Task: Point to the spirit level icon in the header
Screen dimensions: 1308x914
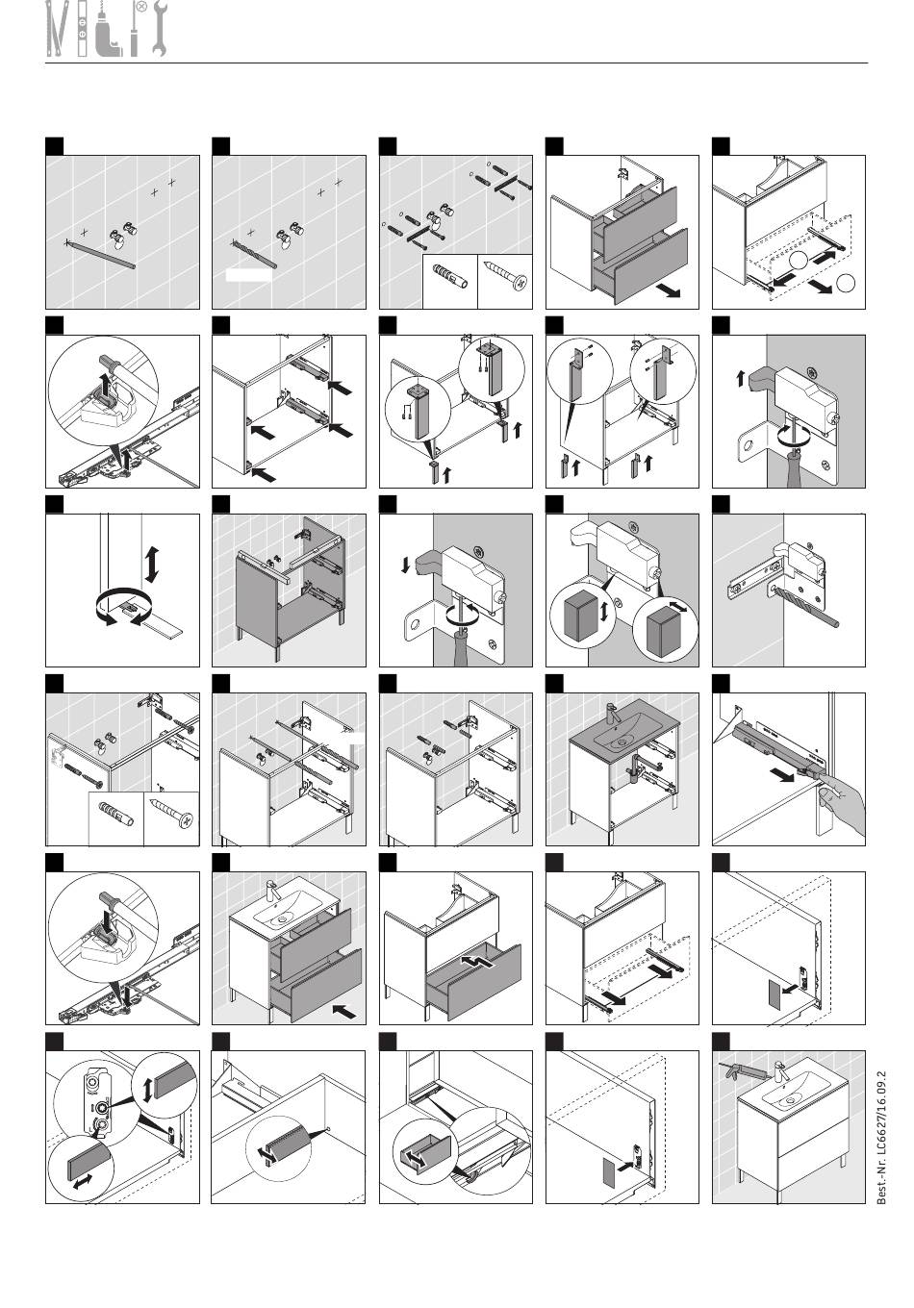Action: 86,30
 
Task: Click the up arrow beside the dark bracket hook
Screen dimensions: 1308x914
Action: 740,379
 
